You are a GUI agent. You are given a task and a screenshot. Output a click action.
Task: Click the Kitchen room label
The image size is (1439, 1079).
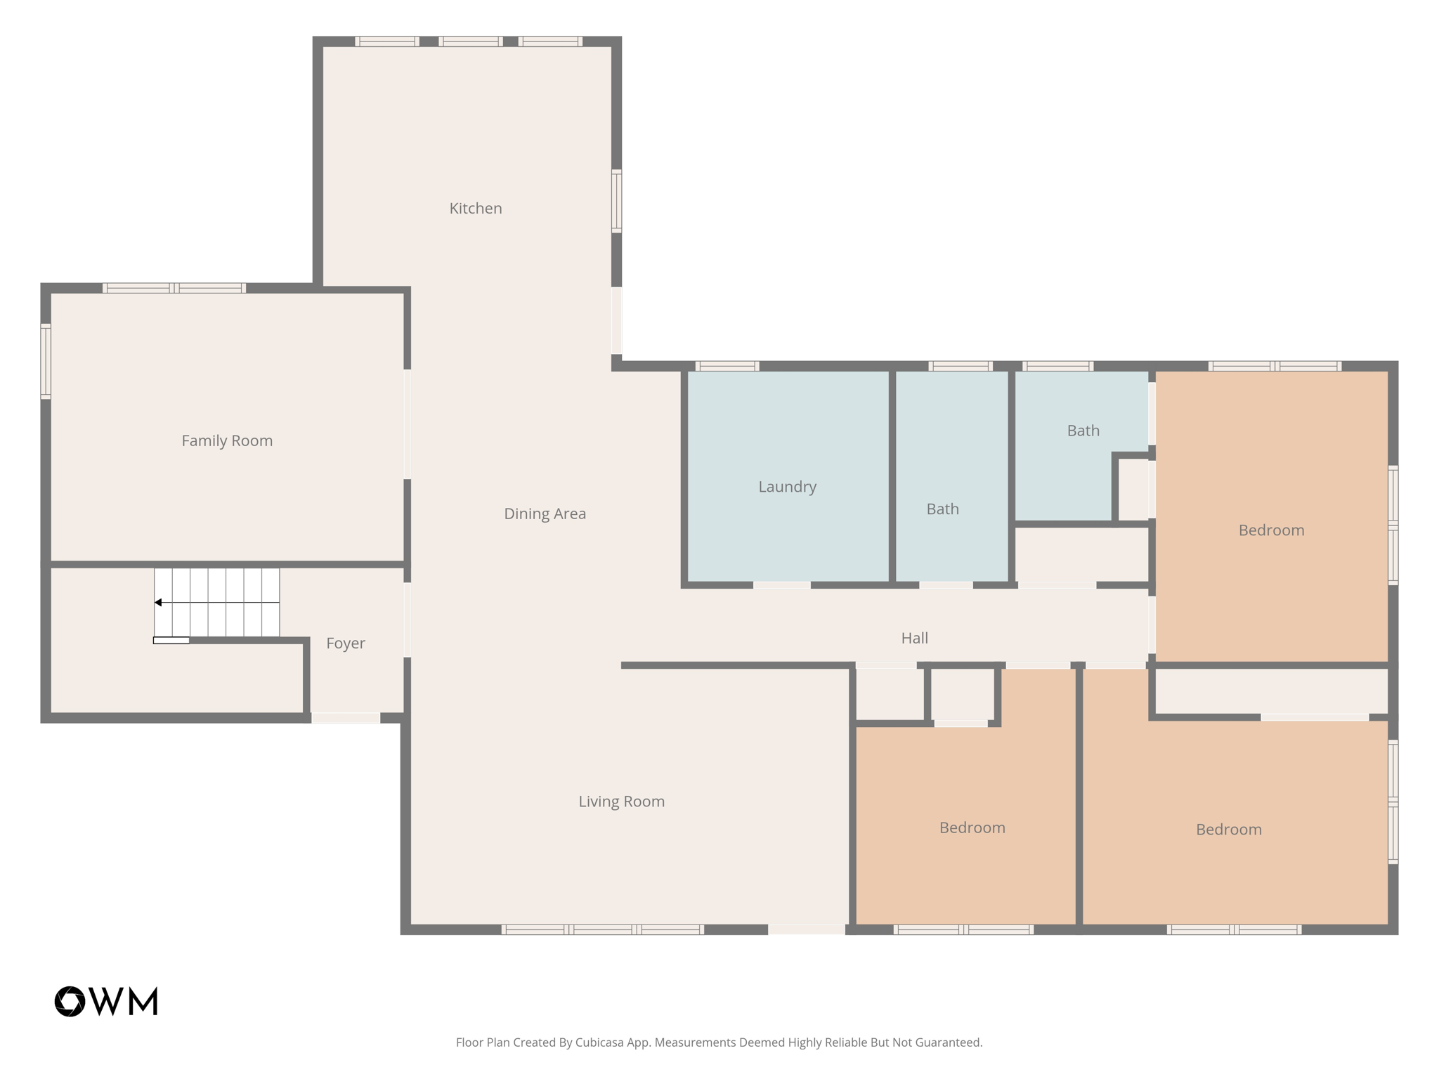pos(476,209)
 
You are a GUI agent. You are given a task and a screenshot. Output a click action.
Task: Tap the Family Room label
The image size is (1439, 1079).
pos(227,441)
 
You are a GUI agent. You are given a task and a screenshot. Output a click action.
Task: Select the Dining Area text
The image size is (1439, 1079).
pos(545,514)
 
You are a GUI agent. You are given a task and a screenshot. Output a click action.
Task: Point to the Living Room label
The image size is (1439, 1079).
pos(621,802)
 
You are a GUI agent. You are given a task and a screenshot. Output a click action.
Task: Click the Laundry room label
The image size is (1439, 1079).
pos(787,487)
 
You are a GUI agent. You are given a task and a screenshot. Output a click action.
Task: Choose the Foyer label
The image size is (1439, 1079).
pos(345,643)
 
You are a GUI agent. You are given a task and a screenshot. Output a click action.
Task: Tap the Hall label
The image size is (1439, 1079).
pos(914,639)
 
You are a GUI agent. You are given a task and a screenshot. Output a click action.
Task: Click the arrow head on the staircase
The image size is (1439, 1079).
pos(159,603)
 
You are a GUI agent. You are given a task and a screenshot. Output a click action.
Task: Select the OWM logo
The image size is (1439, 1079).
pos(106,1001)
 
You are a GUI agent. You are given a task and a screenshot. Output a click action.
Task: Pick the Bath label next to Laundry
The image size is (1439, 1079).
pos(942,509)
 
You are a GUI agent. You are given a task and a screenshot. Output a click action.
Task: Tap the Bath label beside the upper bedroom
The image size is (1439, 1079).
pos(1083,431)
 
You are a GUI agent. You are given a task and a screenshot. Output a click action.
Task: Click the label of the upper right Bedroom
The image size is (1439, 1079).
pos(1271,530)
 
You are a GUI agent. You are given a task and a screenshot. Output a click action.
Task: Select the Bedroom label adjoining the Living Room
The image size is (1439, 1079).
pos(972,828)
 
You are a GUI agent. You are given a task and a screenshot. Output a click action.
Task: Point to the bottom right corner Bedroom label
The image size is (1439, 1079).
pos(1228,830)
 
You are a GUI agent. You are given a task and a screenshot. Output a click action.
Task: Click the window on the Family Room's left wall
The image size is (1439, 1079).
pos(46,361)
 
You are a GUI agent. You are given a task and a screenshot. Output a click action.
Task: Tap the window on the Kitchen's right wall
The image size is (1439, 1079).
pos(616,201)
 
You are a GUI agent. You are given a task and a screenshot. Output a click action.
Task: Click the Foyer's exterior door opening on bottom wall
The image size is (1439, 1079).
pos(346,718)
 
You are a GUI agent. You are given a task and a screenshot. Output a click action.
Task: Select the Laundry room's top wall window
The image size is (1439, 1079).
pos(727,366)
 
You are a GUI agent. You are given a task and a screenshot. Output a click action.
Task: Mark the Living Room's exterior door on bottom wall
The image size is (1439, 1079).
pos(806,930)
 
